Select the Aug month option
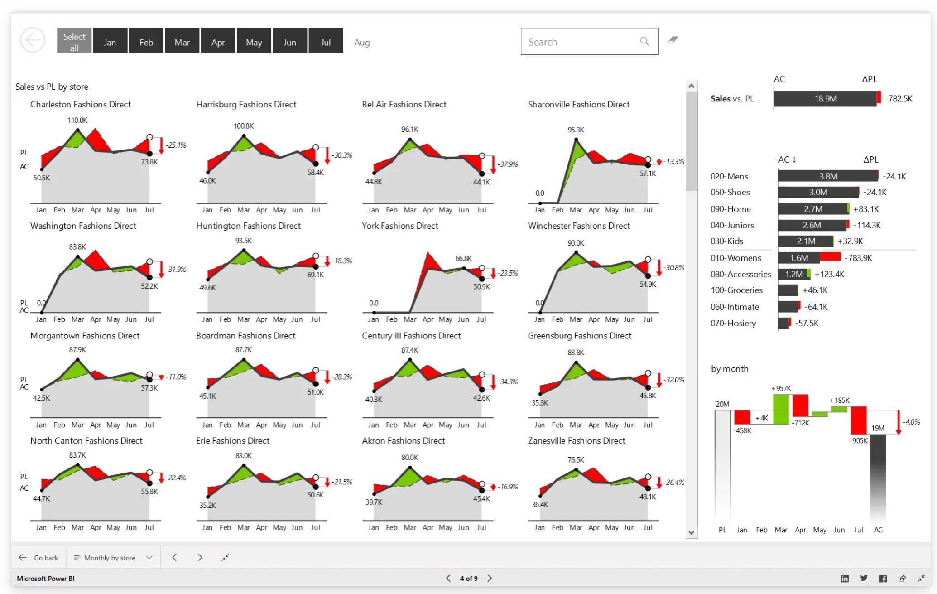(361, 43)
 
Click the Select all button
(74, 41)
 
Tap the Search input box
(582, 42)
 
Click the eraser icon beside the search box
(672, 40)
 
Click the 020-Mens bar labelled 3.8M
(827, 176)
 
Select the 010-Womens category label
(735, 258)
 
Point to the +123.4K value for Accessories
(829, 274)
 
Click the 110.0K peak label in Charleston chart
(77, 120)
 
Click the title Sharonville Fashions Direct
(578, 104)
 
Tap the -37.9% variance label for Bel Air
(507, 164)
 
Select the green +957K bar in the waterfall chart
(780, 409)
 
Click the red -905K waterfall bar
(858, 420)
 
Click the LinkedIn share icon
(845, 578)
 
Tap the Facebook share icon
(883, 578)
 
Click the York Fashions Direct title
(399, 226)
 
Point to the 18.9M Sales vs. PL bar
(825, 99)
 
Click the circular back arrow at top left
(33, 40)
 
